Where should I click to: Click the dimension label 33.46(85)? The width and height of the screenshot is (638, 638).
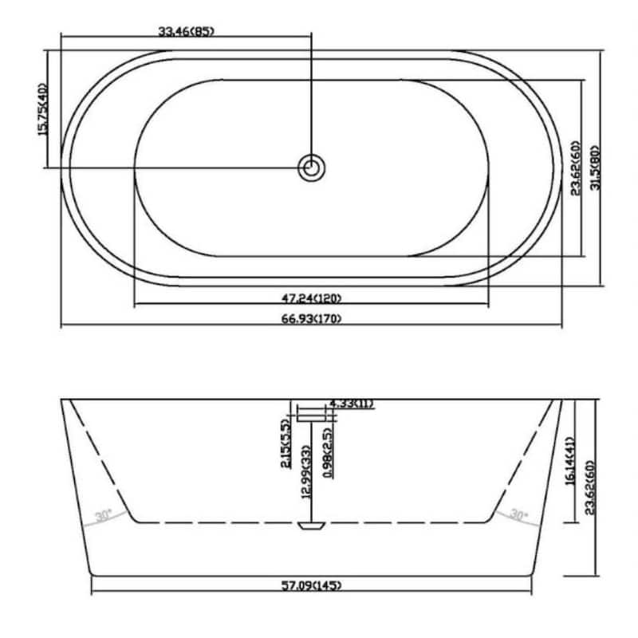tap(187, 32)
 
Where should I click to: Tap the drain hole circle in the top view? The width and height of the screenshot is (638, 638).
tap(311, 167)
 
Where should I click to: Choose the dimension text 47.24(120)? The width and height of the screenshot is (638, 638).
tap(310, 299)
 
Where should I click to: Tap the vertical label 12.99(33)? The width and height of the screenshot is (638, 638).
tap(305, 472)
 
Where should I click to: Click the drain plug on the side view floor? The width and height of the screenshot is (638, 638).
tap(311, 526)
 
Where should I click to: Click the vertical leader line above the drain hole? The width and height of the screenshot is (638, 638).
tap(311, 96)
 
